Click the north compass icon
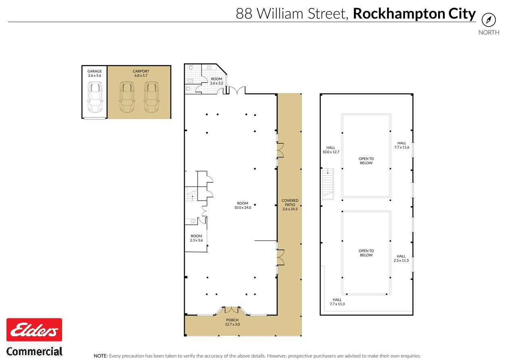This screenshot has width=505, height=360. [x=488, y=20]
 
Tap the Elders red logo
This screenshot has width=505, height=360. [x=34, y=330]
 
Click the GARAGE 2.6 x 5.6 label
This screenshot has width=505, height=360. [x=95, y=73]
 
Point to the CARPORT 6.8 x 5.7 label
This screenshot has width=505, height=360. [x=141, y=73]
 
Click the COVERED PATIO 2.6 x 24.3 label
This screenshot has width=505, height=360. [x=290, y=205]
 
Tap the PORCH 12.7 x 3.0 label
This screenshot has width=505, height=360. [x=233, y=322]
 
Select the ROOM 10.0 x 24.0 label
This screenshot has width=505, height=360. [x=243, y=205]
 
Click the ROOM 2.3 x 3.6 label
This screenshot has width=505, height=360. [x=196, y=238]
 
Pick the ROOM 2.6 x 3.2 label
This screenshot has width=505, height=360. [x=216, y=81]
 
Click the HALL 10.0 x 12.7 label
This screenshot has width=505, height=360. [x=331, y=150]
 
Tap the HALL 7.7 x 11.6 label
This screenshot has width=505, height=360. [x=401, y=145]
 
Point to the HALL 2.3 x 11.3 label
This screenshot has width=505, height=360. [x=401, y=258]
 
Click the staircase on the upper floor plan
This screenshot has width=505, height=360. [x=328, y=184]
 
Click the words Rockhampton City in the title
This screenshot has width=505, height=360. [x=414, y=14]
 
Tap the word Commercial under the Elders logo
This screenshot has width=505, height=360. [x=34, y=351]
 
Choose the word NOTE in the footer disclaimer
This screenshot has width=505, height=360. [x=100, y=356]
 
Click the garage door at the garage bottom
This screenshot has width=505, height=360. [x=95, y=118]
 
